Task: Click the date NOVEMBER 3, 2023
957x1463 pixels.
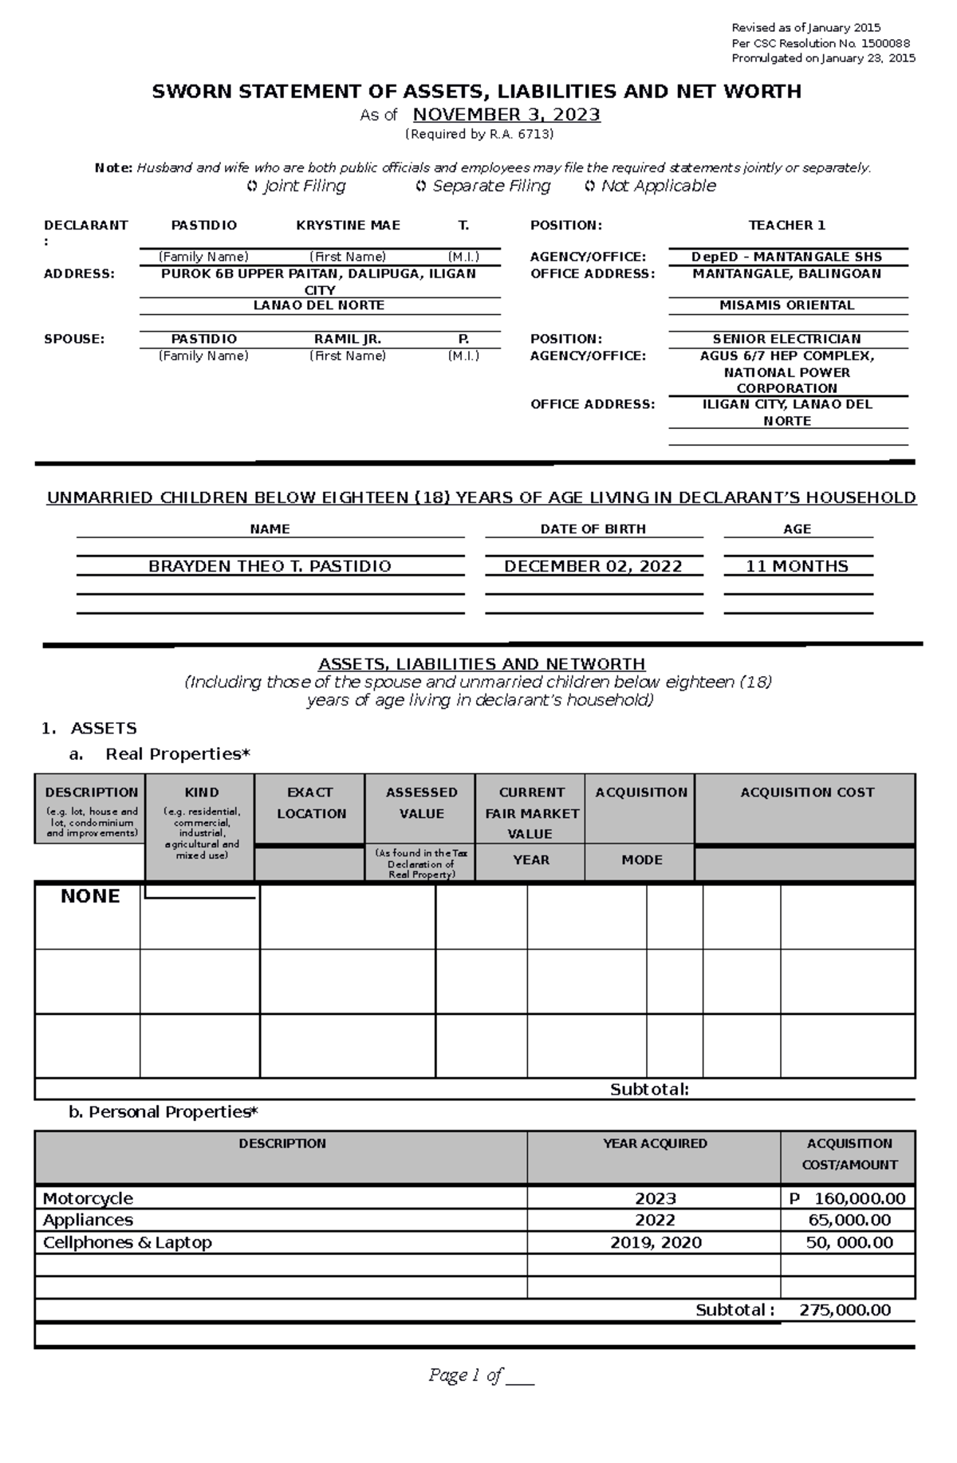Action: tap(506, 115)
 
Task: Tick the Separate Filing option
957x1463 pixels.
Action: tap(421, 187)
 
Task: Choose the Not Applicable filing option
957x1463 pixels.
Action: tap(589, 187)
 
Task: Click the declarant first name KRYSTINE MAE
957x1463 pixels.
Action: tap(348, 226)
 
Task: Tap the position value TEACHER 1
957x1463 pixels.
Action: tap(786, 226)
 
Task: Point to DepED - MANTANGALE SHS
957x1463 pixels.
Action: tap(786, 257)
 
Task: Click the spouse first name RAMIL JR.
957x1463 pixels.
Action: tap(348, 339)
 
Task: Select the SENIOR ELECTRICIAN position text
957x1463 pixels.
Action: tap(786, 339)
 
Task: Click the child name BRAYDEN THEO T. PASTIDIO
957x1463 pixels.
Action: tap(270, 566)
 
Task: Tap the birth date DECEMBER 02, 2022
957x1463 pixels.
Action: tap(593, 566)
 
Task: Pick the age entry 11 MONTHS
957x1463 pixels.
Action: tap(796, 566)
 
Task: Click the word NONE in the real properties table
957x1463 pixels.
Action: tap(90, 896)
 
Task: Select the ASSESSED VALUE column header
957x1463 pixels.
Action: tap(421, 803)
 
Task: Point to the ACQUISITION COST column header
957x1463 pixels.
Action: tap(806, 792)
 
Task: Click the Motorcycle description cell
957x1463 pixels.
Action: tap(88, 1198)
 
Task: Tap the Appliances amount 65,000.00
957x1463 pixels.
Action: tap(849, 1220)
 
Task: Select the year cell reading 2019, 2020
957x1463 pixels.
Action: tap(656, 1242)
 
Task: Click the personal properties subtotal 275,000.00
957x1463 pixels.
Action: tap(845, 1310)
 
